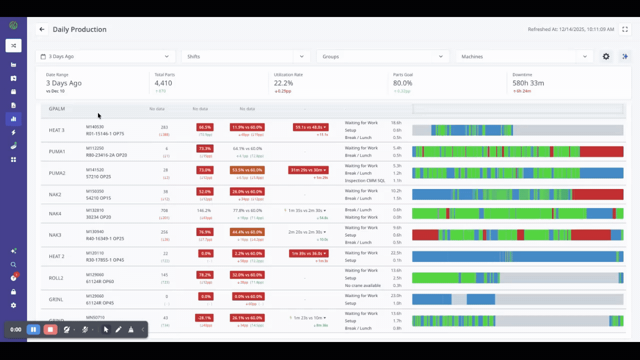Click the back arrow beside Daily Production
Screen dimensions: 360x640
pyautogui.click(x=42, y=29)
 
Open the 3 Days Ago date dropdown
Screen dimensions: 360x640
pyautogui.click(x=105, y=56)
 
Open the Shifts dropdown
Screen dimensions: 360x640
pyautogui.click(x=245, y=56)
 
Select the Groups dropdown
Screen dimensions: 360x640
pyautogui.click(x=382, y=56)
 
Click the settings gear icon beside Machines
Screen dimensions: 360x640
pyautogui.click(x=606, y=56)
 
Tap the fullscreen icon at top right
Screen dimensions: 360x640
pyautogui.click(x=624, y=29)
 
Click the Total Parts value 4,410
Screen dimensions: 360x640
pyautogui.click(x=163, y=83)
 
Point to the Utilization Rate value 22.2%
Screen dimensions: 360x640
pyautogui.click(x=283, y=83)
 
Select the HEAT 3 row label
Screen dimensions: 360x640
pyautogui.click(x=56, y=130)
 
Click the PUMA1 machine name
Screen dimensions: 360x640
pyautogui.click(x=57, y=151)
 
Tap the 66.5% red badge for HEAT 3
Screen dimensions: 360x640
pyautogui.click(x=205, y=127)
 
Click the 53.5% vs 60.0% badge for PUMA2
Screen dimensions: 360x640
pyautogui.click(x=247, y=170)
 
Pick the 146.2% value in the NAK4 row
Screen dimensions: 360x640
pyautogui.click(x=204, y=210)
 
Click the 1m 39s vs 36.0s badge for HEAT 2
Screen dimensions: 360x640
pyautogui.click(x=308, y=253)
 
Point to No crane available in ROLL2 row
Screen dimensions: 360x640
pyautogui.click(x=362, y=285)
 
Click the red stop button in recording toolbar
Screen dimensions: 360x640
pyautogui.click(x=50, y=329)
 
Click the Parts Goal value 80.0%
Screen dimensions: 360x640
pyautogui.click(x=403, y=83)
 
